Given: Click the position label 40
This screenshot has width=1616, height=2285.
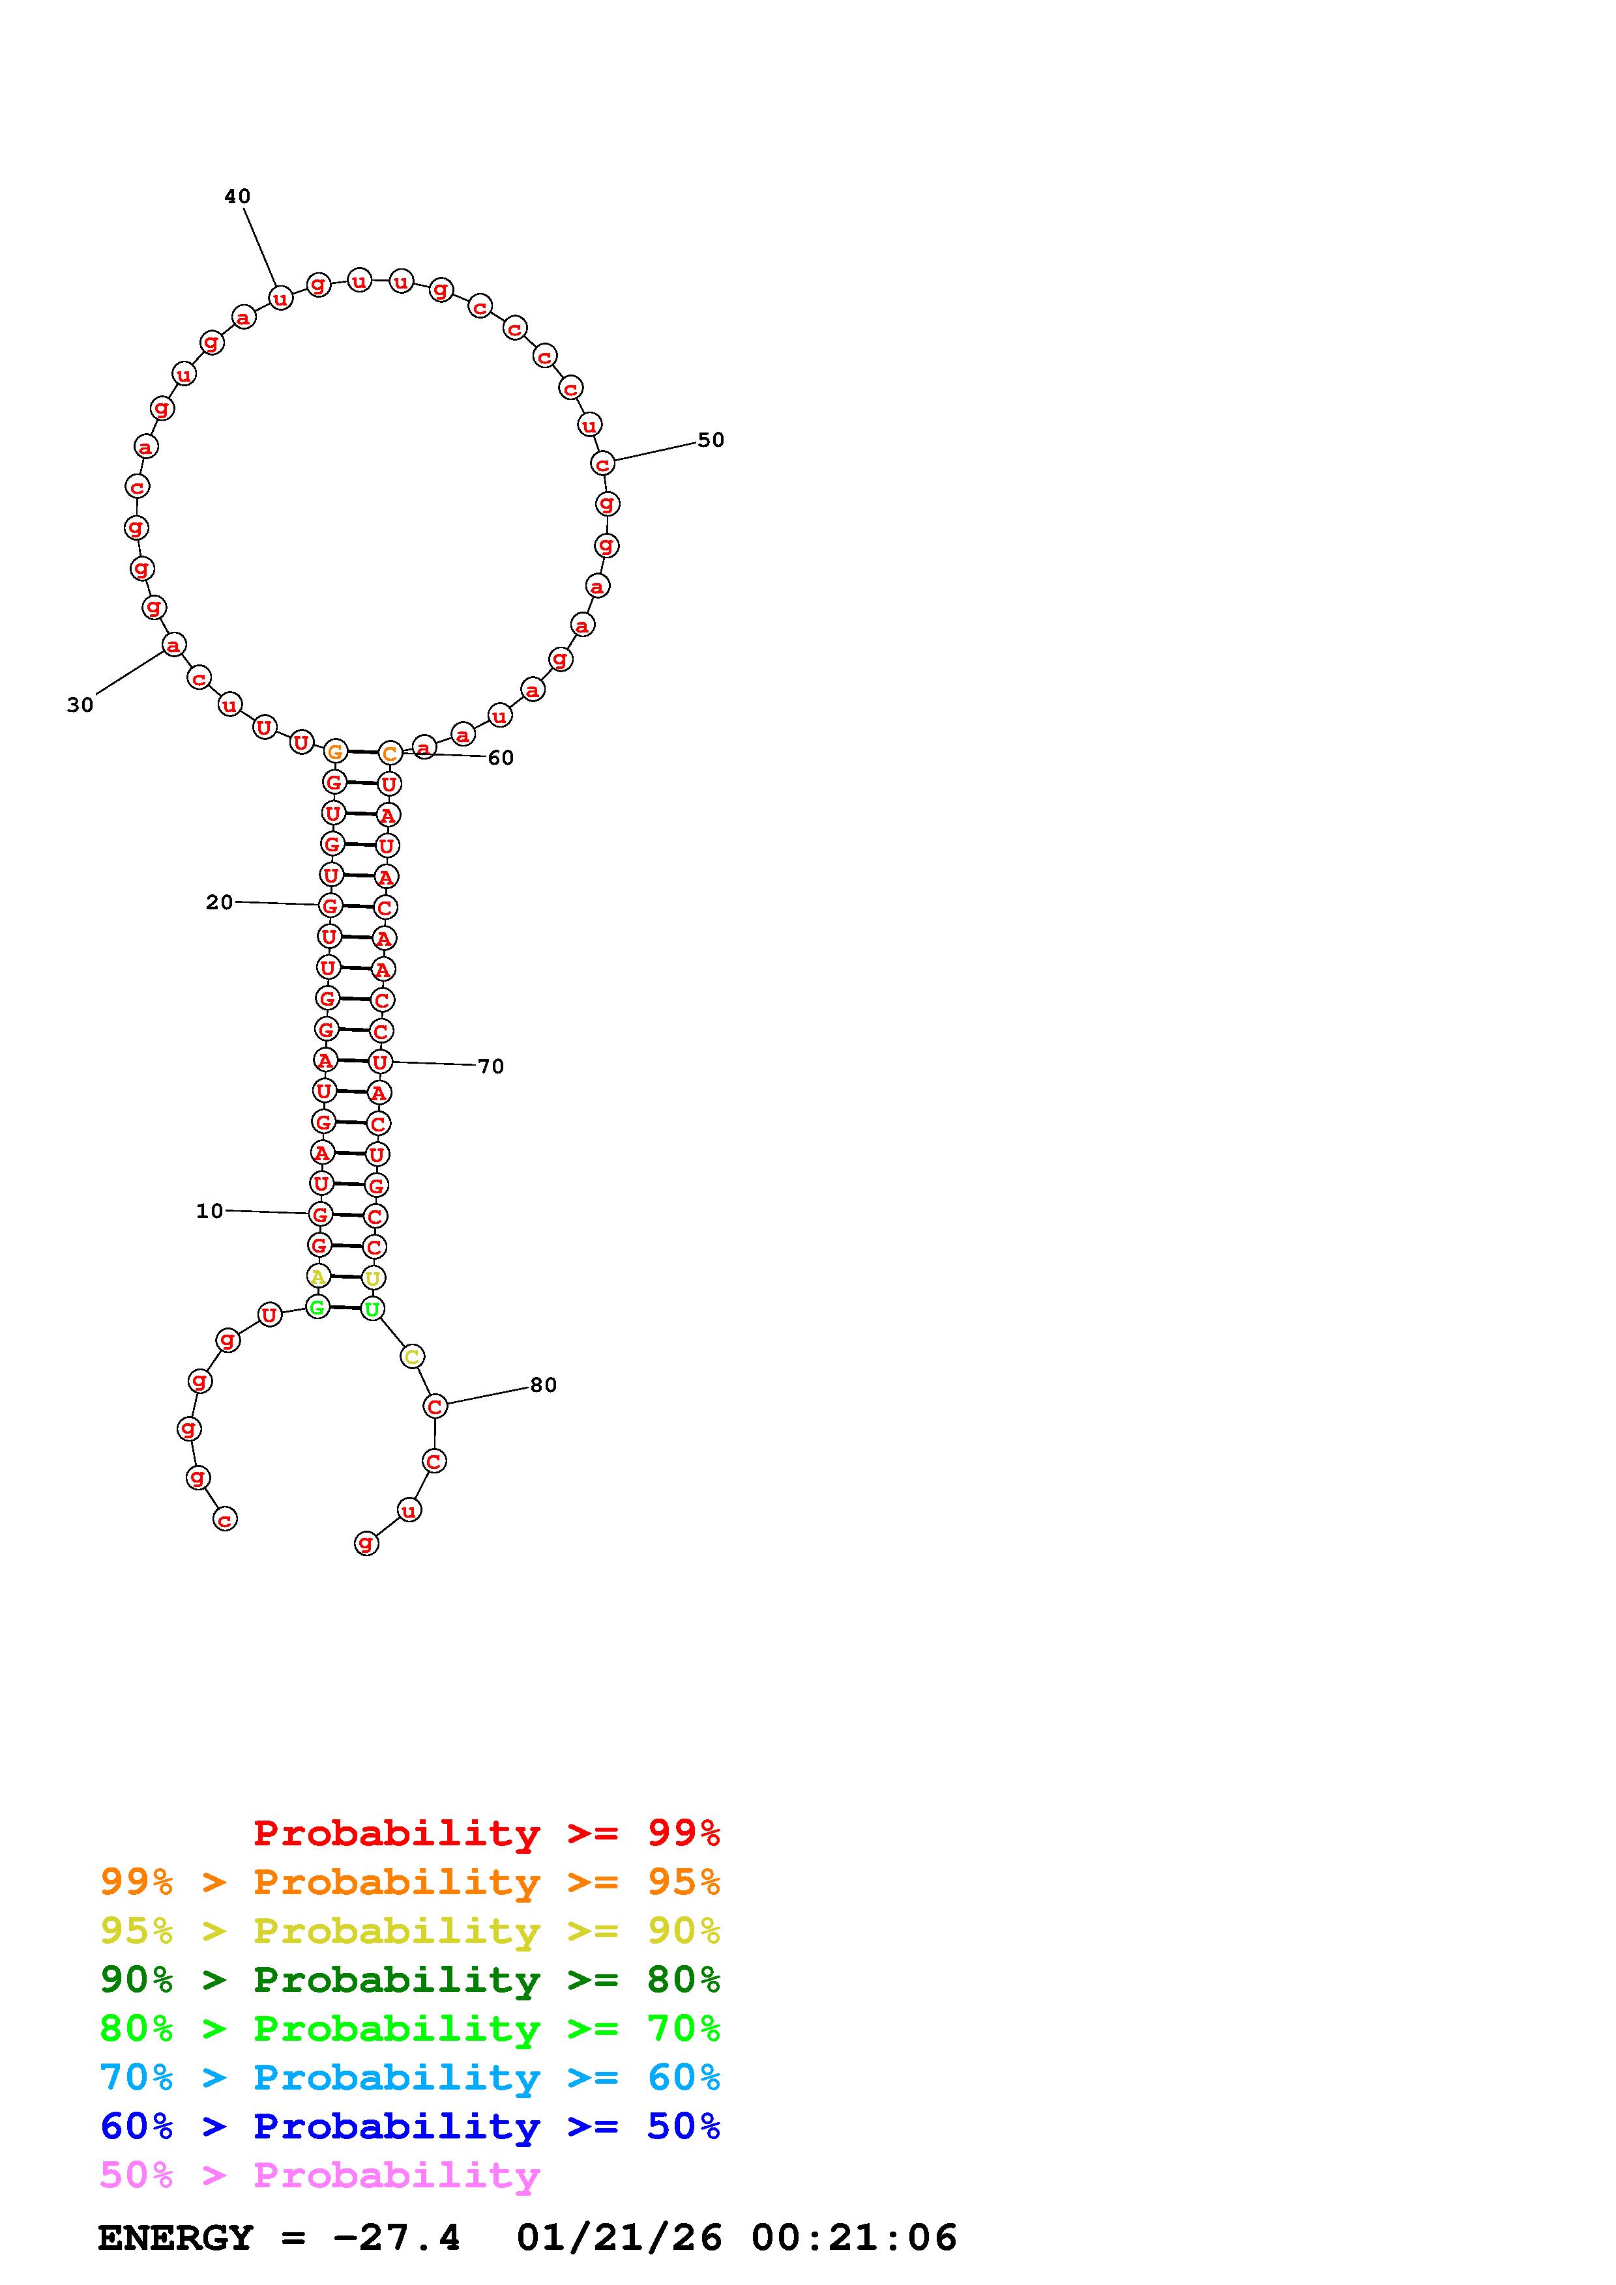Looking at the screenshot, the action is click(x=237, y=197).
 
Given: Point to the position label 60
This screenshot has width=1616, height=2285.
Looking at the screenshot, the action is click(x=501, y=758).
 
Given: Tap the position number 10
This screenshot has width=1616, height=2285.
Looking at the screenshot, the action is click(x=210, y=1210).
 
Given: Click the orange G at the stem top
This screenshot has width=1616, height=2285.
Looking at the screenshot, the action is click(x=334, y=752).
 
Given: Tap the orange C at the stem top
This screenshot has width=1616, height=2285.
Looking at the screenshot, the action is click(x=389, y=754).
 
